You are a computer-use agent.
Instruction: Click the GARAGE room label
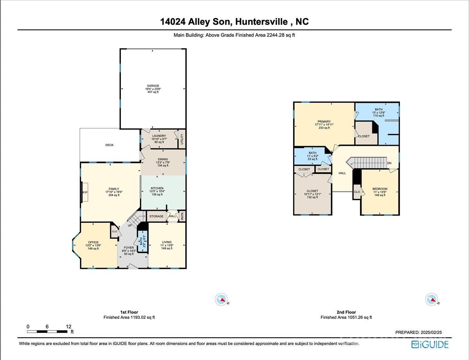(153, 86)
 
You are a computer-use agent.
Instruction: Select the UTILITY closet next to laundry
(181, 138)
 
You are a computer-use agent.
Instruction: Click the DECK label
(109, 145)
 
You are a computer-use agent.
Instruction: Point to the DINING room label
(163, 159)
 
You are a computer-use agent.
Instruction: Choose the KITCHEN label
(157, 188)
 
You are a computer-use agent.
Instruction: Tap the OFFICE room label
(93, 242)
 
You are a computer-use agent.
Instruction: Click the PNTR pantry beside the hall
(182, 216)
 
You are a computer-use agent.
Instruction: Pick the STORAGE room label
(156, 216)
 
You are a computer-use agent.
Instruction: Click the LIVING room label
(167, 242)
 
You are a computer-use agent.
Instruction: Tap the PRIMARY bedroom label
(324, 122)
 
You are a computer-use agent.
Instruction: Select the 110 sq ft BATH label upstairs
(378, 109)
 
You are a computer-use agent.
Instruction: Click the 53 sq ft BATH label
(312, 153)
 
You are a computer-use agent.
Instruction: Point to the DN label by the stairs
(389, 163)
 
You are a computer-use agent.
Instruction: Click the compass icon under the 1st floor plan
(222, 300)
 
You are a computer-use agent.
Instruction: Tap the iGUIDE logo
(430, 344)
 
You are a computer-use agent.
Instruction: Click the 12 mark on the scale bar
(68, 326)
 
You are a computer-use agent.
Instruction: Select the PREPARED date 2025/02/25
(419, 332)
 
